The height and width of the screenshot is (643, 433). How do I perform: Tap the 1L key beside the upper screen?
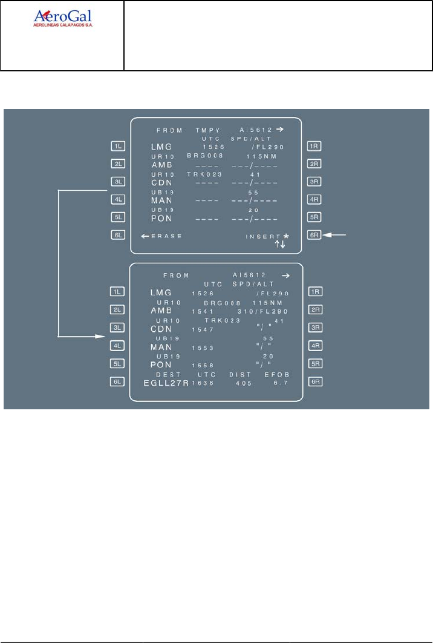pyautogui.click(x=117, y=146)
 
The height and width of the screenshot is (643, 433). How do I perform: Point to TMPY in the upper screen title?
pyautogui.click(x=206, y=130)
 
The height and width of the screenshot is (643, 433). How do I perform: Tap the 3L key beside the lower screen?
pyautogui.click(x=117, y=328)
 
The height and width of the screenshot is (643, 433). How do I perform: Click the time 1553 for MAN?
pyautogui.click(x=201, y=348)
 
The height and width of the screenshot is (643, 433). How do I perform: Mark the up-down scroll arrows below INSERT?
pyautogui.click(x=280, y=243)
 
